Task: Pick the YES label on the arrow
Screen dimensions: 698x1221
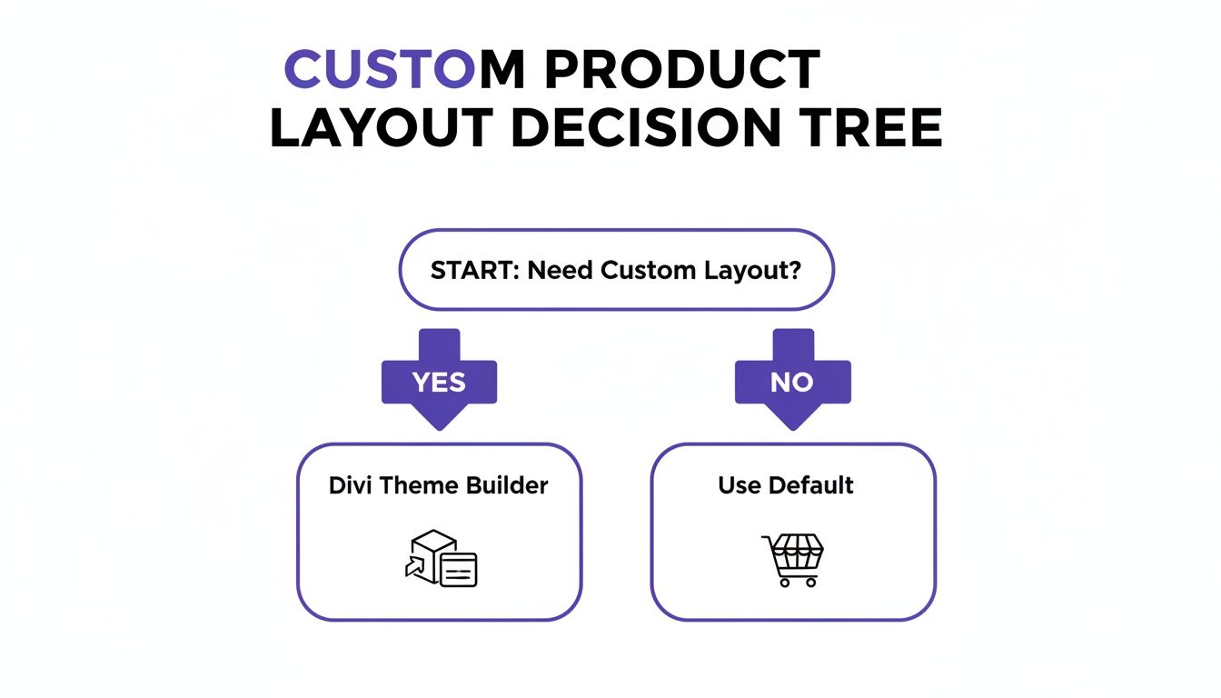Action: coord(439,383)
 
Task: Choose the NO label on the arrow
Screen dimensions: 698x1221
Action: coord(791,383)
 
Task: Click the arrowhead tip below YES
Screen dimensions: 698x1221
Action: coord(439,426)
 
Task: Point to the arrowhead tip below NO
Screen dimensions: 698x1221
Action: coord(792,426)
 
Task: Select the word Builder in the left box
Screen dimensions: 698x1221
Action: coord(507,485)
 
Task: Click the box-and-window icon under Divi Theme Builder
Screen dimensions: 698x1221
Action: coord(441,558)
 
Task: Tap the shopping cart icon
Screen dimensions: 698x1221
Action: coord(792,559)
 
